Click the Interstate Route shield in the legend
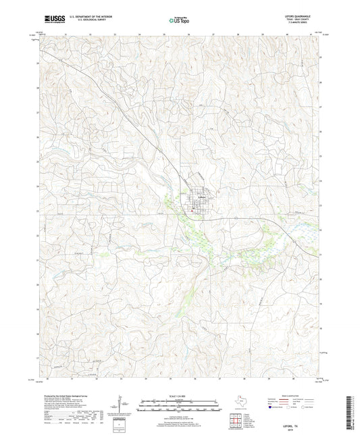point(270,407)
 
